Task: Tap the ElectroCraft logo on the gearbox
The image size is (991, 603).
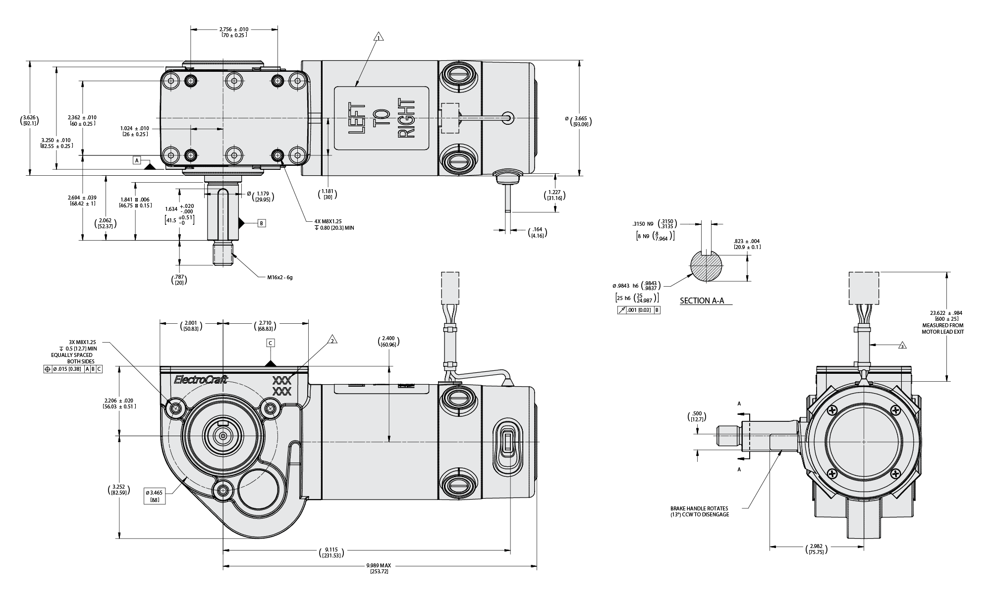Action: (x=201, y=380)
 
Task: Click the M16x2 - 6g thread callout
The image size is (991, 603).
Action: (x=280, y=277)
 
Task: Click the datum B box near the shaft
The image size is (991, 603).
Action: (x=262, y=223)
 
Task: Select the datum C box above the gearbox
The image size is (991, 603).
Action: (x=271, y=343)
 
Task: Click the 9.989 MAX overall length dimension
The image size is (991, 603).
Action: (x=379, y=565)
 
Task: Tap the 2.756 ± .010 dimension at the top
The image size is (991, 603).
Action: (x=234, y=29)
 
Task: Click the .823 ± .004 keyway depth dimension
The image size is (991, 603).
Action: (x=747, y=244)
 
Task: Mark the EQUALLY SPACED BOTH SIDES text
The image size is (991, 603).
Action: (x=73, y=358)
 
